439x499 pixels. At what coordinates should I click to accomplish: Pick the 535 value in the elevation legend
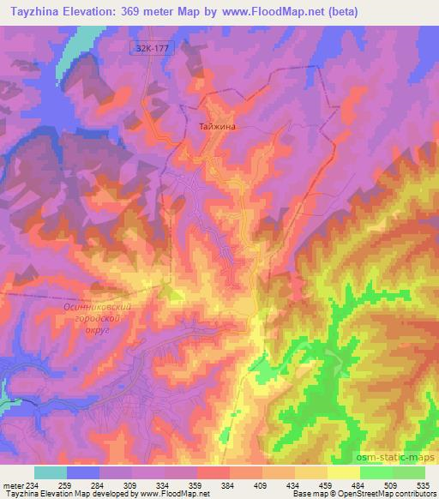pyautogui.click(x=423, y=484)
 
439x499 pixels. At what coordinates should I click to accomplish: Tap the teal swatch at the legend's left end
pyautogui.click(x=51, y=472)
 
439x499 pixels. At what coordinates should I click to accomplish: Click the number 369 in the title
pyautogui.click(x=129, y=11)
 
